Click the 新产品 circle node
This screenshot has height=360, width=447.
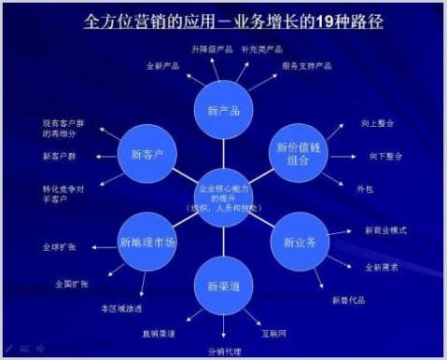click(223, 111)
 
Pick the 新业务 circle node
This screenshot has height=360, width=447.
click(300, 241)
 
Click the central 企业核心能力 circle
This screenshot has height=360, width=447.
click(223, 197)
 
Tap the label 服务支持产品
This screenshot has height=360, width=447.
click(306, 67)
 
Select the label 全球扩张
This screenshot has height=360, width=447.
click(59, 248)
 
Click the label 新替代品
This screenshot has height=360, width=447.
click(350, 299)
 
